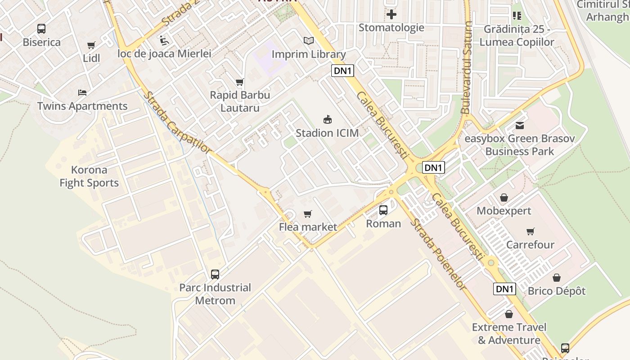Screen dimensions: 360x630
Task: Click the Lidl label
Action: tap(91, 58)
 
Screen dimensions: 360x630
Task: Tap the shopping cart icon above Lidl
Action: tap(91, 45)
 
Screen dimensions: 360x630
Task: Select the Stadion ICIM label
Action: tap(327, 133)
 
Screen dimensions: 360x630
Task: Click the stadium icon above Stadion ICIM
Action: tap(328, 120)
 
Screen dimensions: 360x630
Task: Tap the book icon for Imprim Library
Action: tap(308, 41)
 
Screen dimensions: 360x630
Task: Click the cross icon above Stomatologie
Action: tap(391, 14)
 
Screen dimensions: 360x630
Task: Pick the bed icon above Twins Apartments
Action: tap(82, 93)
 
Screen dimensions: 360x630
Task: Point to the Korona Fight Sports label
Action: tap(89, 176)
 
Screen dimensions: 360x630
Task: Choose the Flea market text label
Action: tap(308, 227)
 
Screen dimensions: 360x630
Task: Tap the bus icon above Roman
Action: tap(383, 210)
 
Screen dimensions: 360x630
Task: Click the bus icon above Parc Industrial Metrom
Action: tap(215, 274)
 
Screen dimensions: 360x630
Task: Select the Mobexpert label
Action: tap(504, 211)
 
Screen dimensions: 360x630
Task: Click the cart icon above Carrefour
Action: tap(531, 232)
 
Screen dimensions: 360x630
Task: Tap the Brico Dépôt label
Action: tap(557, 291)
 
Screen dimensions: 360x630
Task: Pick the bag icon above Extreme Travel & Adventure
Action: tap(509, 314)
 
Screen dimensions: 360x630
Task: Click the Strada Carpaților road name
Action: tap(177, 122)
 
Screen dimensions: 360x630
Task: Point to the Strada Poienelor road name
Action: tap(437, 254)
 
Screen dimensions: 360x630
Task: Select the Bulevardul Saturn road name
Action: tap(467, 67)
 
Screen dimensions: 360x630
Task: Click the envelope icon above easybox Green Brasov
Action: tap(520, 125)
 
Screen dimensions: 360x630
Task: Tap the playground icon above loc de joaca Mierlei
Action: tap(164, 40)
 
